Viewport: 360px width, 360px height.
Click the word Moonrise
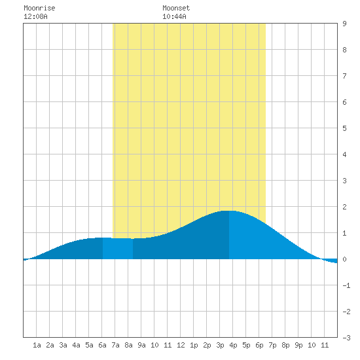39,8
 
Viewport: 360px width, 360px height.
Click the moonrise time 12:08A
35,16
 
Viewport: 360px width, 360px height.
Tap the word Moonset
176,8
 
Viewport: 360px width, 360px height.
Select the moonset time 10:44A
174,16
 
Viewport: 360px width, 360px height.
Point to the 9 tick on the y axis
344,24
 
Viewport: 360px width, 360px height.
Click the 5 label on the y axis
344,128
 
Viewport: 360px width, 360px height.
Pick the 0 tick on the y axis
344,259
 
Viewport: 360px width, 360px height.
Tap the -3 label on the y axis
346,338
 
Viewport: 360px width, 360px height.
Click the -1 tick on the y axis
346,285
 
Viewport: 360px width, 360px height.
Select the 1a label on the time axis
37,345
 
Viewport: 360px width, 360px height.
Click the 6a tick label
102,345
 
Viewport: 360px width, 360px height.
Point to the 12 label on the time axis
181,345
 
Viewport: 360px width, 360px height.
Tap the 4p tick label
233,345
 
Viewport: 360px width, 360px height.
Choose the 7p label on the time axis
272,345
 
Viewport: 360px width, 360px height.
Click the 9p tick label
298,345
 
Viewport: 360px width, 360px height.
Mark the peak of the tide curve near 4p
229,211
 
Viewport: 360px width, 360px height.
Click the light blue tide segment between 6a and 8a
118,249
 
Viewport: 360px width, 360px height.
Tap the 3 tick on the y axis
344,181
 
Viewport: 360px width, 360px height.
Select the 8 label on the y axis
344,50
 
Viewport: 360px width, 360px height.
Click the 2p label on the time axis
207,345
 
